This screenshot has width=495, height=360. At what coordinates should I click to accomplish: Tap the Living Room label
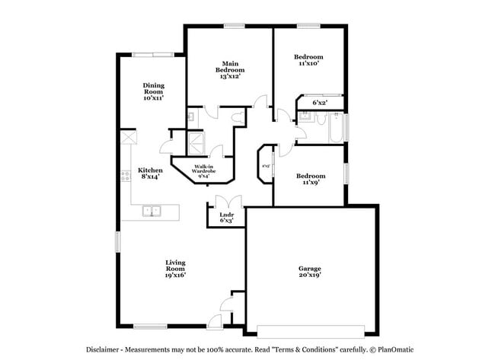[176, 267]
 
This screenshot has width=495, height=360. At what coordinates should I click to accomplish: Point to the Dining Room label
[154, 91]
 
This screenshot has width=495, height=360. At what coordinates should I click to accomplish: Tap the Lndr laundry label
[226, 216]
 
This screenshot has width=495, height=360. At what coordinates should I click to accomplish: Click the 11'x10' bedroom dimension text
[308, 64]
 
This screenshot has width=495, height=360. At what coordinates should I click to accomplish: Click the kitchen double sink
[153, 211]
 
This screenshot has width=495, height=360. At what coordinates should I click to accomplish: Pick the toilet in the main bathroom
[238, 116]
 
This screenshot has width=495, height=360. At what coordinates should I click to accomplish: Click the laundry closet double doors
[226, 202]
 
